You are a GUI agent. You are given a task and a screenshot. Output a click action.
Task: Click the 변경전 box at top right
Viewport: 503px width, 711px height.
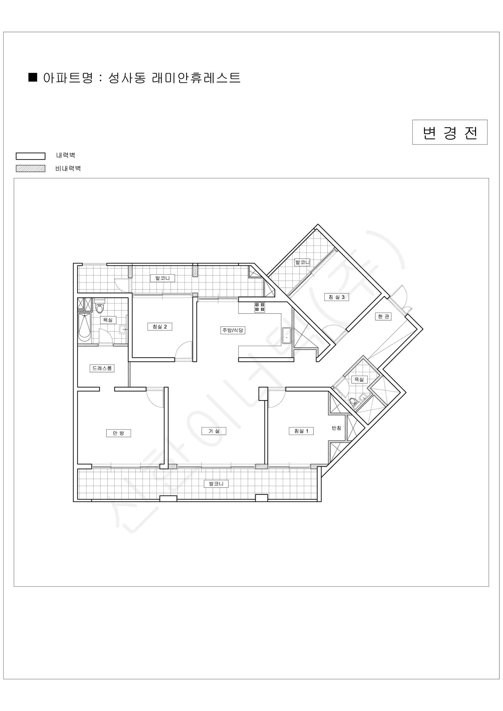449,132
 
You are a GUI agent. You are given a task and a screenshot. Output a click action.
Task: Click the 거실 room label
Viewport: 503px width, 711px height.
214,431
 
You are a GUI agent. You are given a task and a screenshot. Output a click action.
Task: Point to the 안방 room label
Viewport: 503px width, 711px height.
118,433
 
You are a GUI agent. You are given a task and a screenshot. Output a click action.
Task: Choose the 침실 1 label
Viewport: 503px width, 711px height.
301,431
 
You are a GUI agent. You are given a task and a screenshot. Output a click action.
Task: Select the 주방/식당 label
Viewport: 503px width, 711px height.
233,330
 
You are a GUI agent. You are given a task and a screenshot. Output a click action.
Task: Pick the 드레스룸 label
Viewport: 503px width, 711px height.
102,368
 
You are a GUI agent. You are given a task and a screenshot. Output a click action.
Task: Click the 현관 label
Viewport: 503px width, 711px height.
383,316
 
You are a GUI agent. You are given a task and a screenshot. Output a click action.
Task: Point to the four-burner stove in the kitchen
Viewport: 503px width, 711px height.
260,307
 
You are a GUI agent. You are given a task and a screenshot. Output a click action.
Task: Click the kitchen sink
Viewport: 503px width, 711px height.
286,336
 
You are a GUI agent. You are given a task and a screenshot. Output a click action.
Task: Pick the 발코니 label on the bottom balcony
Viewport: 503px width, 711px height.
216,484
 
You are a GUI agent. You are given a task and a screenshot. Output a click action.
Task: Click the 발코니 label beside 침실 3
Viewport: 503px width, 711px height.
302,262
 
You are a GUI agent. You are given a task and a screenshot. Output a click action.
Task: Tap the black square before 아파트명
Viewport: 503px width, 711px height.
33,77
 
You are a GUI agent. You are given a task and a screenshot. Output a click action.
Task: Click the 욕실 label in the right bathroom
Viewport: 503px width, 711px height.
359,379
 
